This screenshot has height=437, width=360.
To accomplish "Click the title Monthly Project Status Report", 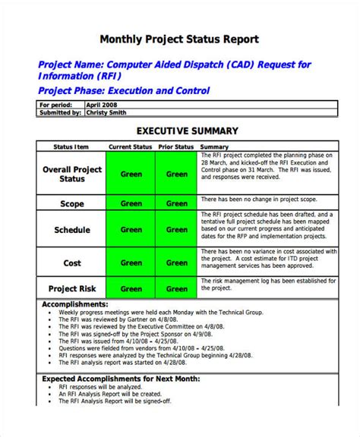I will (180, 39).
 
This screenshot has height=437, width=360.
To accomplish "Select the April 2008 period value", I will (103, 105).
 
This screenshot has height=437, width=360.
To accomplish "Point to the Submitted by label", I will (60, 112).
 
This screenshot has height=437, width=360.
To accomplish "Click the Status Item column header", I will (71, 146).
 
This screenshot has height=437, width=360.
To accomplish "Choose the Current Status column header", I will (131, 146).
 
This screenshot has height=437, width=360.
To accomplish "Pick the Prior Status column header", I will (176, 146).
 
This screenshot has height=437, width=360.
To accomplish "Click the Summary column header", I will (215, 146).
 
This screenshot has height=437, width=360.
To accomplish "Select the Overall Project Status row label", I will (71, 174).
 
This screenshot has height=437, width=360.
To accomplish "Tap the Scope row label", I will (71, 203).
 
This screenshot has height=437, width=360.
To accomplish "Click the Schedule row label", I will (71, 230).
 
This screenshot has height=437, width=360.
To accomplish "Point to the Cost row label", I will (71, 263).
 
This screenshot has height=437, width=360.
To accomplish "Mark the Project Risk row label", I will (71, 288).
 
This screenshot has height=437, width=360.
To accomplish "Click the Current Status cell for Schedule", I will (131, 230).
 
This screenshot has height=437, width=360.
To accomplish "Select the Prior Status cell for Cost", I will (176, 263).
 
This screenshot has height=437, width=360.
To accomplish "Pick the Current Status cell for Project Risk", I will (131, 288).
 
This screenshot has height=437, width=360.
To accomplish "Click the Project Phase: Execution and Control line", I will (124, 91).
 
